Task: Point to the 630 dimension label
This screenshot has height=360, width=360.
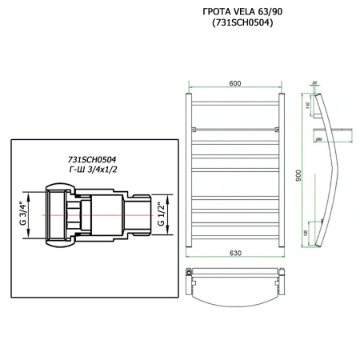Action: pyautogui.click(x=235, y=254)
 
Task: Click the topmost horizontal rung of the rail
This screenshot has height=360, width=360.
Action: pyautogui.click(x=235, y=102)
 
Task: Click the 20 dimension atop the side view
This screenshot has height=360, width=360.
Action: pyautogui.click(x=315, y=82)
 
